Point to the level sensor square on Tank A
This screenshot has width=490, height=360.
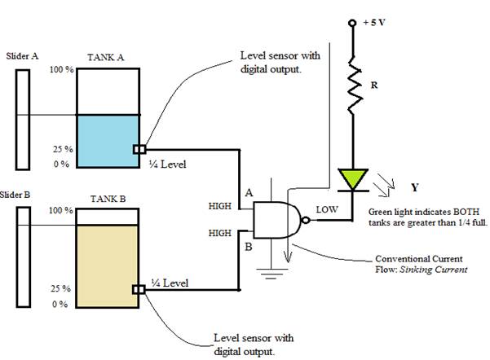[139, 149]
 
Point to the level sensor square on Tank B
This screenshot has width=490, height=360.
[139, 288]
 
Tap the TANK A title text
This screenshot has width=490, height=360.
[106, 58]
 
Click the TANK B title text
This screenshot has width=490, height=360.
[106, 197]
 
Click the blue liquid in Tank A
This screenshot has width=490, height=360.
[108, 140]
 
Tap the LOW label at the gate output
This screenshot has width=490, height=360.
[328, 209]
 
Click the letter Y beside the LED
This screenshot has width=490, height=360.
[414, 187]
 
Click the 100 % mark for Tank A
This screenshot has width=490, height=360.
[63, 71]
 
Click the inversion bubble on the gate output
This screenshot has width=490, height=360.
[302, 219]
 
